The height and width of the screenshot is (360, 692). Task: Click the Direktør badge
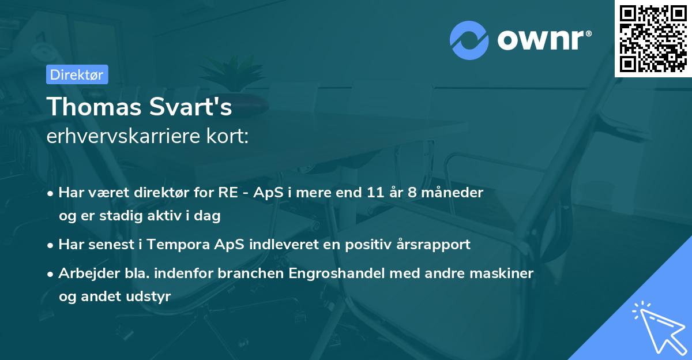[x=77, y=74]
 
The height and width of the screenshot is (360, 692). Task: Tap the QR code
[x=653, y=39]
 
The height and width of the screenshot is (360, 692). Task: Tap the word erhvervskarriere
[x=128, y=137]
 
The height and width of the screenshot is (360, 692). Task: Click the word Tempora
[x=172, y=244]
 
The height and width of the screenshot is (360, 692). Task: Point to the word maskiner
[x=506, y=272]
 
